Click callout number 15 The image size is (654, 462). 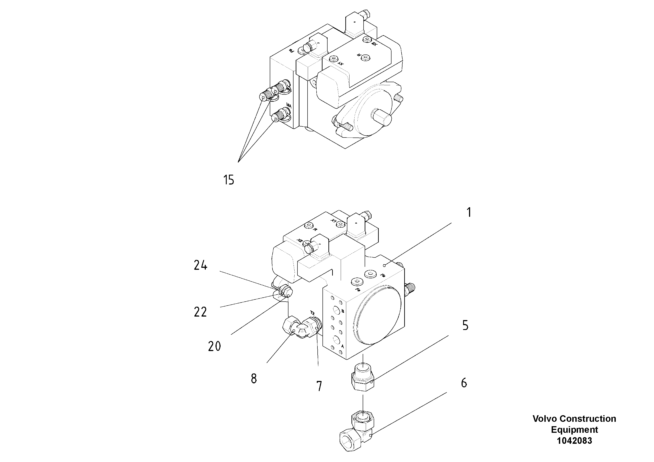coord(228,180)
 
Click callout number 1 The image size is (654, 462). coord(469,212)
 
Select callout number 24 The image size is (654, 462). coord(201,265)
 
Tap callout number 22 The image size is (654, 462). coord(200,312)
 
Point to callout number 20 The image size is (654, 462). coord(214,346)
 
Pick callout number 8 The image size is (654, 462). coord(254,379)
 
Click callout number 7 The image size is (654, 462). coord(319,386)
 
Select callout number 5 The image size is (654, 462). coord(465,325)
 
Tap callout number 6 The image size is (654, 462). coord(464,383)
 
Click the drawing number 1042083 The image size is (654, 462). coord(574,441)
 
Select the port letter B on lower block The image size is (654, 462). coord(343,311)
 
